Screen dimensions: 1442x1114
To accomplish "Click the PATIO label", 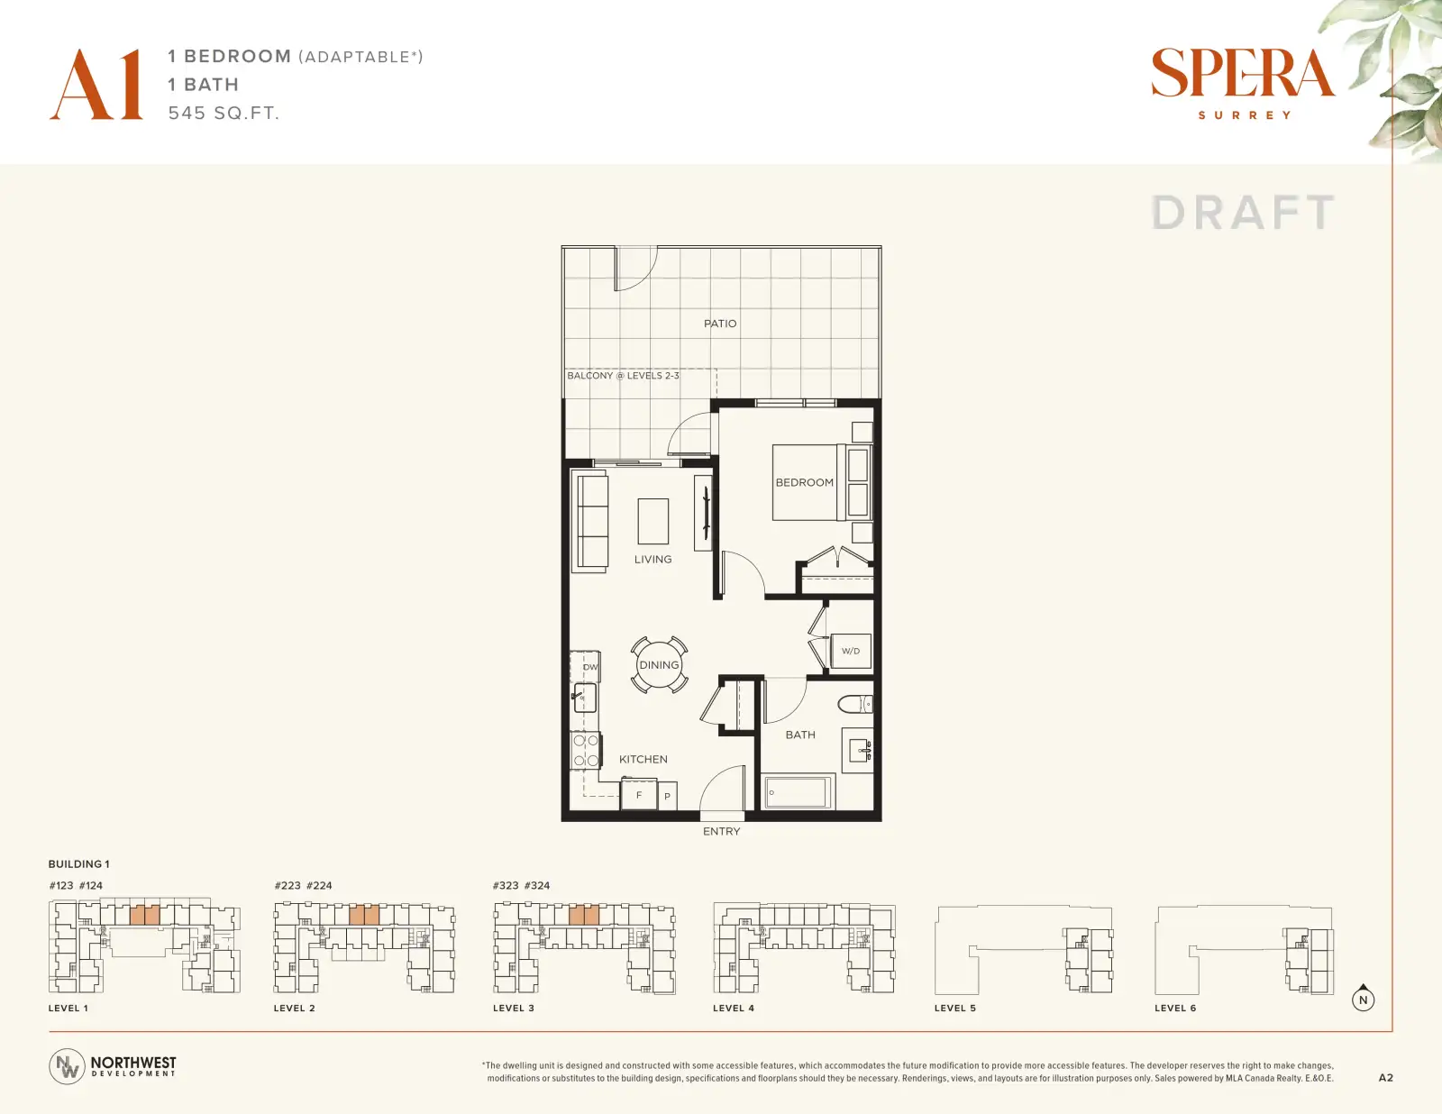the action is [x=720, y=324].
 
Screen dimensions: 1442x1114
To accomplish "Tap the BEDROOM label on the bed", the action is [x=804, y=482].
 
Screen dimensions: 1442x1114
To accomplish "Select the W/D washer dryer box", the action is [x=851, y=651].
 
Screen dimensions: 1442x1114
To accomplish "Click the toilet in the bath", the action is [x=854, y=703].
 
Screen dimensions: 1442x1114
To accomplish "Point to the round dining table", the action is [x=659, y=665].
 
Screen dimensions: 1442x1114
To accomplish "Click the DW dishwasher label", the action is [x=590, y=667].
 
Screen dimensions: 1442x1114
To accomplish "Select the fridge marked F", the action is [x=638, y=794].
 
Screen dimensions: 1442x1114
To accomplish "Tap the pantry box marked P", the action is [x=668, y=796].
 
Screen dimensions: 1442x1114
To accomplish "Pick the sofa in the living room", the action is [x=590, y=522].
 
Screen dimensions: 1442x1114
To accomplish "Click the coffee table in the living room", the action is [x=653, y=522].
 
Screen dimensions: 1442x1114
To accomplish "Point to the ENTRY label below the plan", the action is [x=721, y=831].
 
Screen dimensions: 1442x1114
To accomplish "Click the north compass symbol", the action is [x=1363, y=998].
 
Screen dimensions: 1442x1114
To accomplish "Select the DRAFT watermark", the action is [x=1243, y=213].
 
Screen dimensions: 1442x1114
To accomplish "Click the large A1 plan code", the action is [x=96, y=84].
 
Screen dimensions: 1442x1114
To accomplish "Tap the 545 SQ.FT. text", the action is [x=224, y=114].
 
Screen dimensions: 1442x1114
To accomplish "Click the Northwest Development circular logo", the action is [x=67, y=1066].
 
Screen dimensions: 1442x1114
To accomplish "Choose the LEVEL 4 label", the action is [x=734, y=1008].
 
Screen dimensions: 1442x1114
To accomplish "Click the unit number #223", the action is [x=287, y=885].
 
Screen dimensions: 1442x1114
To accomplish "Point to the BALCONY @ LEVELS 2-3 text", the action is [x=623, y=376].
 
